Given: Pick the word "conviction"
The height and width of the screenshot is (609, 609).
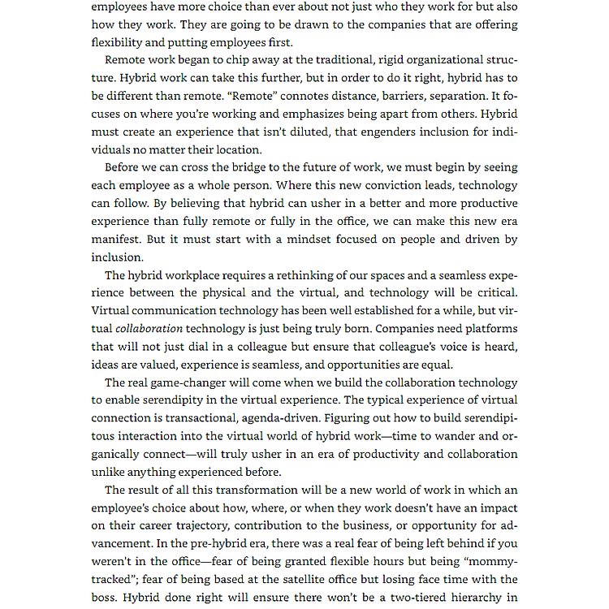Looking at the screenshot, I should (x=381, y=185).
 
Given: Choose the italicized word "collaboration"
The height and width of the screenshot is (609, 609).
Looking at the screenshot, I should (x=149, y=328).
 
